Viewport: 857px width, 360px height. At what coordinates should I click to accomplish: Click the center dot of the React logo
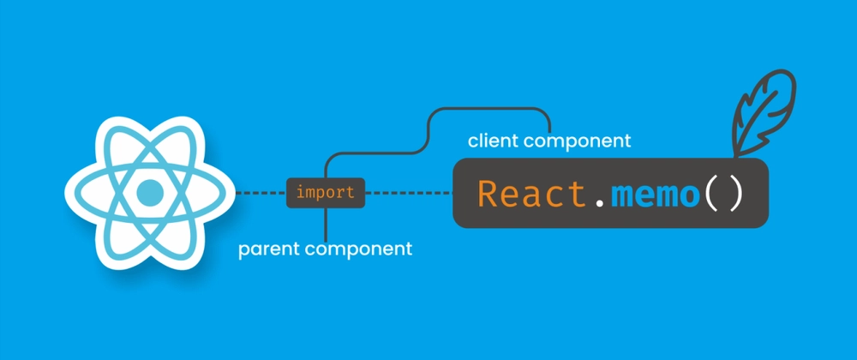[x=151, y=192]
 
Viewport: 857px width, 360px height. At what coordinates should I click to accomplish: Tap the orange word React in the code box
[x=531, y=194]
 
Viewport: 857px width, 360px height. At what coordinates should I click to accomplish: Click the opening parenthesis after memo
[x=713, y=194]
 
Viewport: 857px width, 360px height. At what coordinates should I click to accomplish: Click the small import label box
[x=325, y=193]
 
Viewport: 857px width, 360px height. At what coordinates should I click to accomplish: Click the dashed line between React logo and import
[x=259, y=193]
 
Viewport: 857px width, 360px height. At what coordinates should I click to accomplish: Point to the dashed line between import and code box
[x=407, y=193]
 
